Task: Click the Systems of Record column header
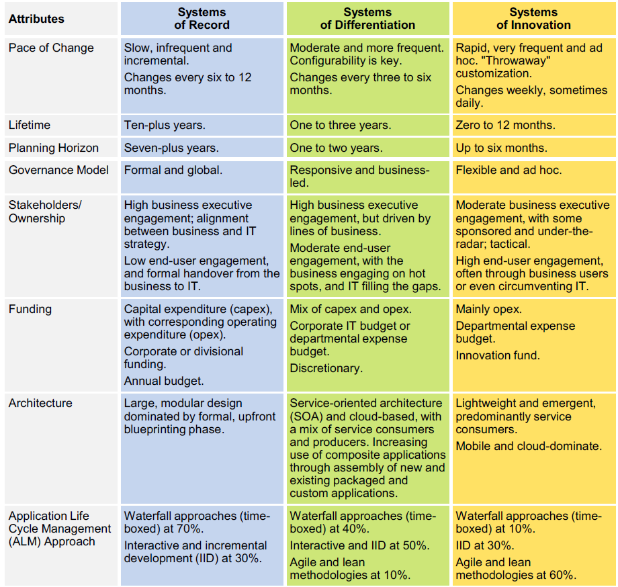coord(202,19)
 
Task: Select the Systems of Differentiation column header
coord(367,19)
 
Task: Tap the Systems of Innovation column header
coord(533,19)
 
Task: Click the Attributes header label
coord(36,19)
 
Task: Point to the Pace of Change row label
coord(51,48)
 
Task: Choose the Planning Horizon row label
coord(54,148)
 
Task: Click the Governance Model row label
coord(58,170)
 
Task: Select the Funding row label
coord(30,309)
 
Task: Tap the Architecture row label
coord(40,403)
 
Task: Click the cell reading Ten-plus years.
coord(165,125)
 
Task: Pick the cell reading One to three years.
coord(341,125)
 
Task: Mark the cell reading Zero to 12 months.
coord(505,125)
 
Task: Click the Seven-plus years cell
coord(171,148)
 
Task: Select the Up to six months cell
coord(501,148)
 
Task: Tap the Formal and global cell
coord(173,170)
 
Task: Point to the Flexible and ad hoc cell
coord(509,170)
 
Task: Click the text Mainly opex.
coord(488,309)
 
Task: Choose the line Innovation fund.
coord(498,355)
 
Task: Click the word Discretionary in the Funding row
coord(326,368)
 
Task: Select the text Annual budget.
coord(164,381)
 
